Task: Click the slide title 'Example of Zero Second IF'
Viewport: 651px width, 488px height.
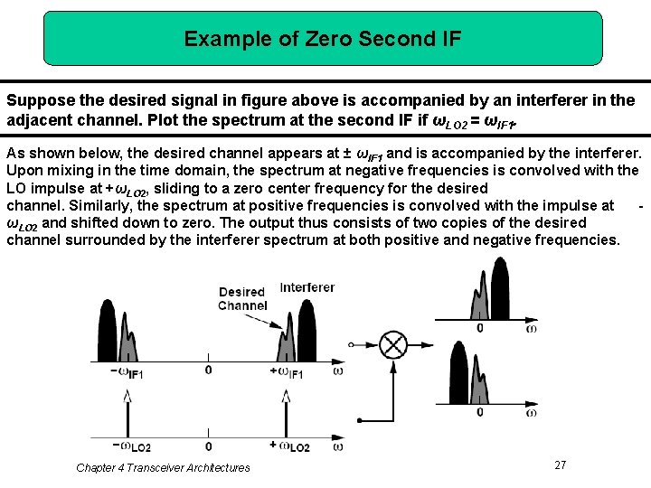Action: tap(323, 39)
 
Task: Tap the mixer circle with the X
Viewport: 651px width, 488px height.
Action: tap(393, 345)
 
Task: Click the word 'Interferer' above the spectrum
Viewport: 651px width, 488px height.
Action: tap(307, 287)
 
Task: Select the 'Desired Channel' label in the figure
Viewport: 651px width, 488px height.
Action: tap(242, 299)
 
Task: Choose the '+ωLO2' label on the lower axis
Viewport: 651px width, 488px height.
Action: tap(289, 446)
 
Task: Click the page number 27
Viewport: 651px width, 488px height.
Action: tap(560, 465)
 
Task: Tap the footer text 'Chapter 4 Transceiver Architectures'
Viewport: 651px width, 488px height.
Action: tap(163, 467)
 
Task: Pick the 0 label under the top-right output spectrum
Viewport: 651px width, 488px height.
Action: tap(479, 327)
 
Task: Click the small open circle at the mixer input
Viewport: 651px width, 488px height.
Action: tap(351, 345)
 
